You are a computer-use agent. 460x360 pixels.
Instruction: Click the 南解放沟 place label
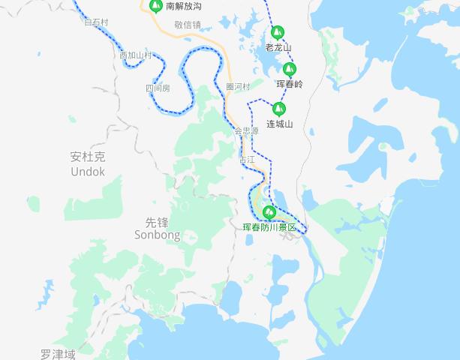[184, 7]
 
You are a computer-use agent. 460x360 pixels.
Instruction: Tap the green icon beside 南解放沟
[155, 7]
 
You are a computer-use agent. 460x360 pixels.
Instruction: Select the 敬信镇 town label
[188, 25]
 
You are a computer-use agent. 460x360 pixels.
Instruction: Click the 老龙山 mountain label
[278, 48]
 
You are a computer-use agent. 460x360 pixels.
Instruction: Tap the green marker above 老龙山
[278, 32]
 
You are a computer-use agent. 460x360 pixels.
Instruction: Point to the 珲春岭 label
[290, 85]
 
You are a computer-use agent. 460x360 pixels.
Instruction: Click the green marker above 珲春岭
[289, 70]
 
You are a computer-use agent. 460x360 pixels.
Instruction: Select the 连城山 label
[279, 124]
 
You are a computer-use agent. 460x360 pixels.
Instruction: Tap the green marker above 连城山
[278, 109]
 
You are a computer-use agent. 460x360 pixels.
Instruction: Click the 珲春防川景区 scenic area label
[270, 227]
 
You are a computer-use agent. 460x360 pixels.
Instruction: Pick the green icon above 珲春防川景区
[269, 212]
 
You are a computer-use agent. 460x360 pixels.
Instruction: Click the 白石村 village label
[96, 22]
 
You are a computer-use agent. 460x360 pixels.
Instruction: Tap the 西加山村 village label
[136, 55]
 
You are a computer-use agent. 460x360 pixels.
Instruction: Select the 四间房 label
[158, 88]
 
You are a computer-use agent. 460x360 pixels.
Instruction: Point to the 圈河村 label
[238, 87]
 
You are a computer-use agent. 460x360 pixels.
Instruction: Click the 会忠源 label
[246, 130]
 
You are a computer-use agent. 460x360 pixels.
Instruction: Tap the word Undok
[88, 172]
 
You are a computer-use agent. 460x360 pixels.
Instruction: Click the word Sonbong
[158, 235]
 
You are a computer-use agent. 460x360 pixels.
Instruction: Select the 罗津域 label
[59, 353]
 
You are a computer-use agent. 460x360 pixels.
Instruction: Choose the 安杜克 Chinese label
[88, 157]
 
